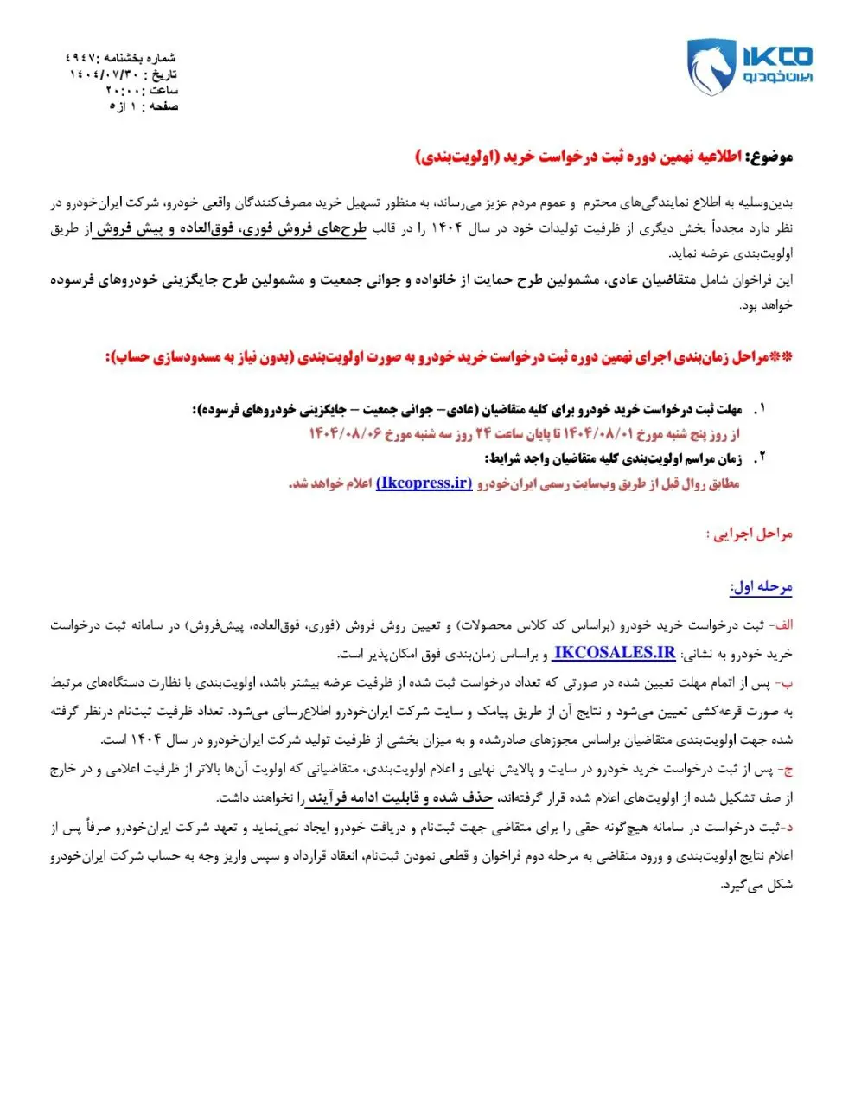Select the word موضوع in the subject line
pos(773,157)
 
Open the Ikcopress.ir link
pos(424,483)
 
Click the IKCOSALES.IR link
pos(614,654)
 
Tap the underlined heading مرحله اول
pos(762,587)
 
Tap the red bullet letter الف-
pos(783,625)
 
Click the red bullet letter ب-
pos(786,683)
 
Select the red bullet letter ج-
pos(786,769)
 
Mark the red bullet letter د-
pos(788,828)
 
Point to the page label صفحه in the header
pos(163,106)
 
